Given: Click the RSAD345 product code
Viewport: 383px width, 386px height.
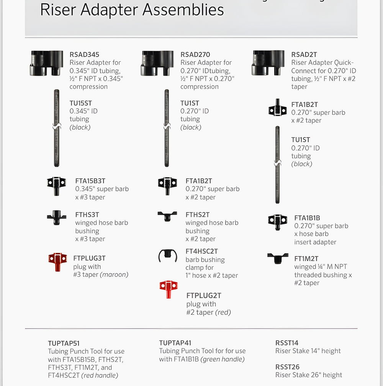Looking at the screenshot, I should [x=84, y=54].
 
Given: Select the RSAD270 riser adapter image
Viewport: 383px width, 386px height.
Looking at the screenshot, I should [x=157, y=63].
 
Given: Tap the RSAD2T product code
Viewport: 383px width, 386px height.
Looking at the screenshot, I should [x=304, y=54].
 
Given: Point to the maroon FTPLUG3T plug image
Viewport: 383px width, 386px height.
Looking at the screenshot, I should [x=57, y=262].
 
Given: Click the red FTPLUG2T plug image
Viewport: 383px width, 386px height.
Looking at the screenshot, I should [x=169, y=289].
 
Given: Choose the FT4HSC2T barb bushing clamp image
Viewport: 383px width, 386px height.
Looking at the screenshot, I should [x=168, y=256].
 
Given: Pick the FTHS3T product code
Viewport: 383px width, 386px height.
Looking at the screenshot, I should [x=87, y=215].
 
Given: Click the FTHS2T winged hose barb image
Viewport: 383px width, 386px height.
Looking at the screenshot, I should [x=167, y=216].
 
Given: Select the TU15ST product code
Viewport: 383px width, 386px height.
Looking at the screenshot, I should [x=81, y=103].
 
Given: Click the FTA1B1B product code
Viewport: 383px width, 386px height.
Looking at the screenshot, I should [x=307, y=218].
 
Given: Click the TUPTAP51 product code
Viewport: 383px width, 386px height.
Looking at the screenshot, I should [x=64, y=343].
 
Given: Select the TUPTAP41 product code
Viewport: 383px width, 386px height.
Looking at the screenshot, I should [x=175, y=343].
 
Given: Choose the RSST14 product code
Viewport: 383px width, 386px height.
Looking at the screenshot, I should [x=287, y=343].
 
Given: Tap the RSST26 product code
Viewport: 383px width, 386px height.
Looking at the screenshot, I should [x=287, y=367].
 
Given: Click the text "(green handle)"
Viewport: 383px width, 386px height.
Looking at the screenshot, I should [x=223, y=359].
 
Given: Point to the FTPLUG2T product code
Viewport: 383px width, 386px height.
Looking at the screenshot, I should [x=204, y=296].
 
